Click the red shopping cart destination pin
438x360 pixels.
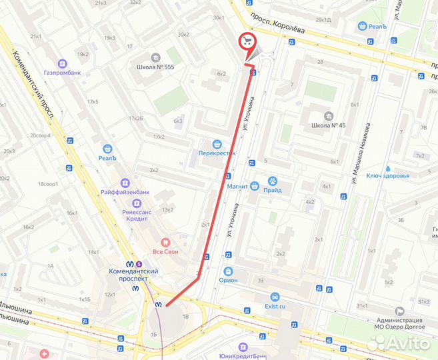click(247, 41)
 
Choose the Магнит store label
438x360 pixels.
click(238, 187)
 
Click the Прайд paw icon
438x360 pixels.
click(272, 181)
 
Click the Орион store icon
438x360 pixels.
click(228, 272)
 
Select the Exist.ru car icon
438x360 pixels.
click(274, 297)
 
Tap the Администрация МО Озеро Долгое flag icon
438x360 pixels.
click(399, 311)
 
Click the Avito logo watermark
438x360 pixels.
click(399, 342)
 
